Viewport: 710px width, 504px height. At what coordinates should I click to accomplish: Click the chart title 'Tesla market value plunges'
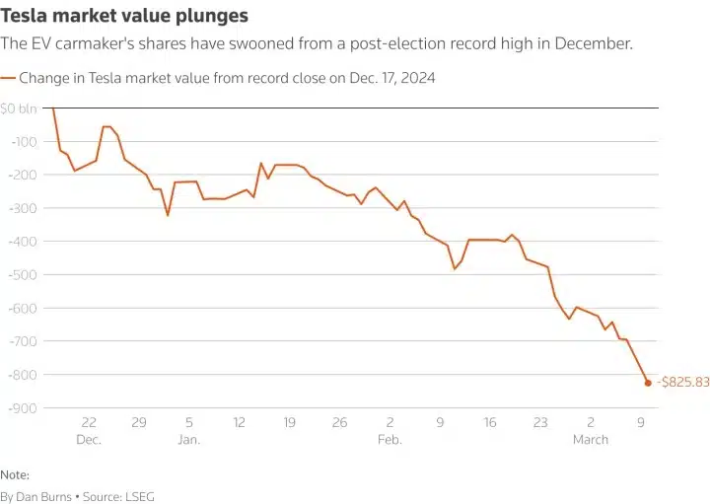pyautogui.click(x=124, y=17)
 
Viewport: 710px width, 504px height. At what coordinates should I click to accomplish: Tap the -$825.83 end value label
pyautogui.click(x=681, y=382)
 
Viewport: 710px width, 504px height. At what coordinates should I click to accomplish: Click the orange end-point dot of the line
pyautogui.click(x=648, y=383)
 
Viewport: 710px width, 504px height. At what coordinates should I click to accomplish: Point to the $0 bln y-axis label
pyautogui.click(x=20, y=108)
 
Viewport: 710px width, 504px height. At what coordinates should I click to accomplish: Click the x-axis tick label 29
pyautogui.click(x=138, y=422)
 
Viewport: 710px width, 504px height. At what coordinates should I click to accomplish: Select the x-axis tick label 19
pyautogui.click(x=289, y=422)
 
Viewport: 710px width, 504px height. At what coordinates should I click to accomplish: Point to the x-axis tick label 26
pyautogui.click(x=339, y=422)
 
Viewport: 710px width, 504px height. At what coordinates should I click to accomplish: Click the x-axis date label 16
pyautogui.click(x=490, y=422)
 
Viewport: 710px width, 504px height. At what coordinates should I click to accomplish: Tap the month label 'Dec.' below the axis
pyautogui.click(x=89, y=440)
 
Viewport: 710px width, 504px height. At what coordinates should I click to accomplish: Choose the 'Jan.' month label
pyautogui.click(x=188, y=440)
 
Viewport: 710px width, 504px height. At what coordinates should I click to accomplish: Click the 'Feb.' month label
pyautogui.click(x=390, y=440)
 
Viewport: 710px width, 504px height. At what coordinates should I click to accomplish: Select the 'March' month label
pyautogui.click(x=591, y=440)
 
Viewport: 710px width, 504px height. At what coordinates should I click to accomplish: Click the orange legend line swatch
pyautogui.click(x=9, y=76)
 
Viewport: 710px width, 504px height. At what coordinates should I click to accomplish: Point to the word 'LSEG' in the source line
pyautogui.click(x=139, y=497)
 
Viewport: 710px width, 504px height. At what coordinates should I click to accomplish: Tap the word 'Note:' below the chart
pyautogui.click(x=15, y=474)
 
